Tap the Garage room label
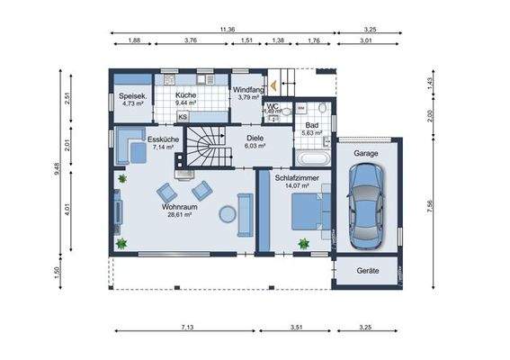pyautogui.click(x=366, y=154)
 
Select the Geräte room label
pyautogui.click(x=367, y=271)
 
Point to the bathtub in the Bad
pyautogui.click(x=314, y=156)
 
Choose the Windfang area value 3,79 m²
pyautogui.click(x=246, y=98)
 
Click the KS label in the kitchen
pyautogui.click(x=183, y=116)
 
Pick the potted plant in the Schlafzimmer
pyautogui.click(x=303, y=243)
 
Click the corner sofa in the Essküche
pyautogui.click(x=129, y=144)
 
